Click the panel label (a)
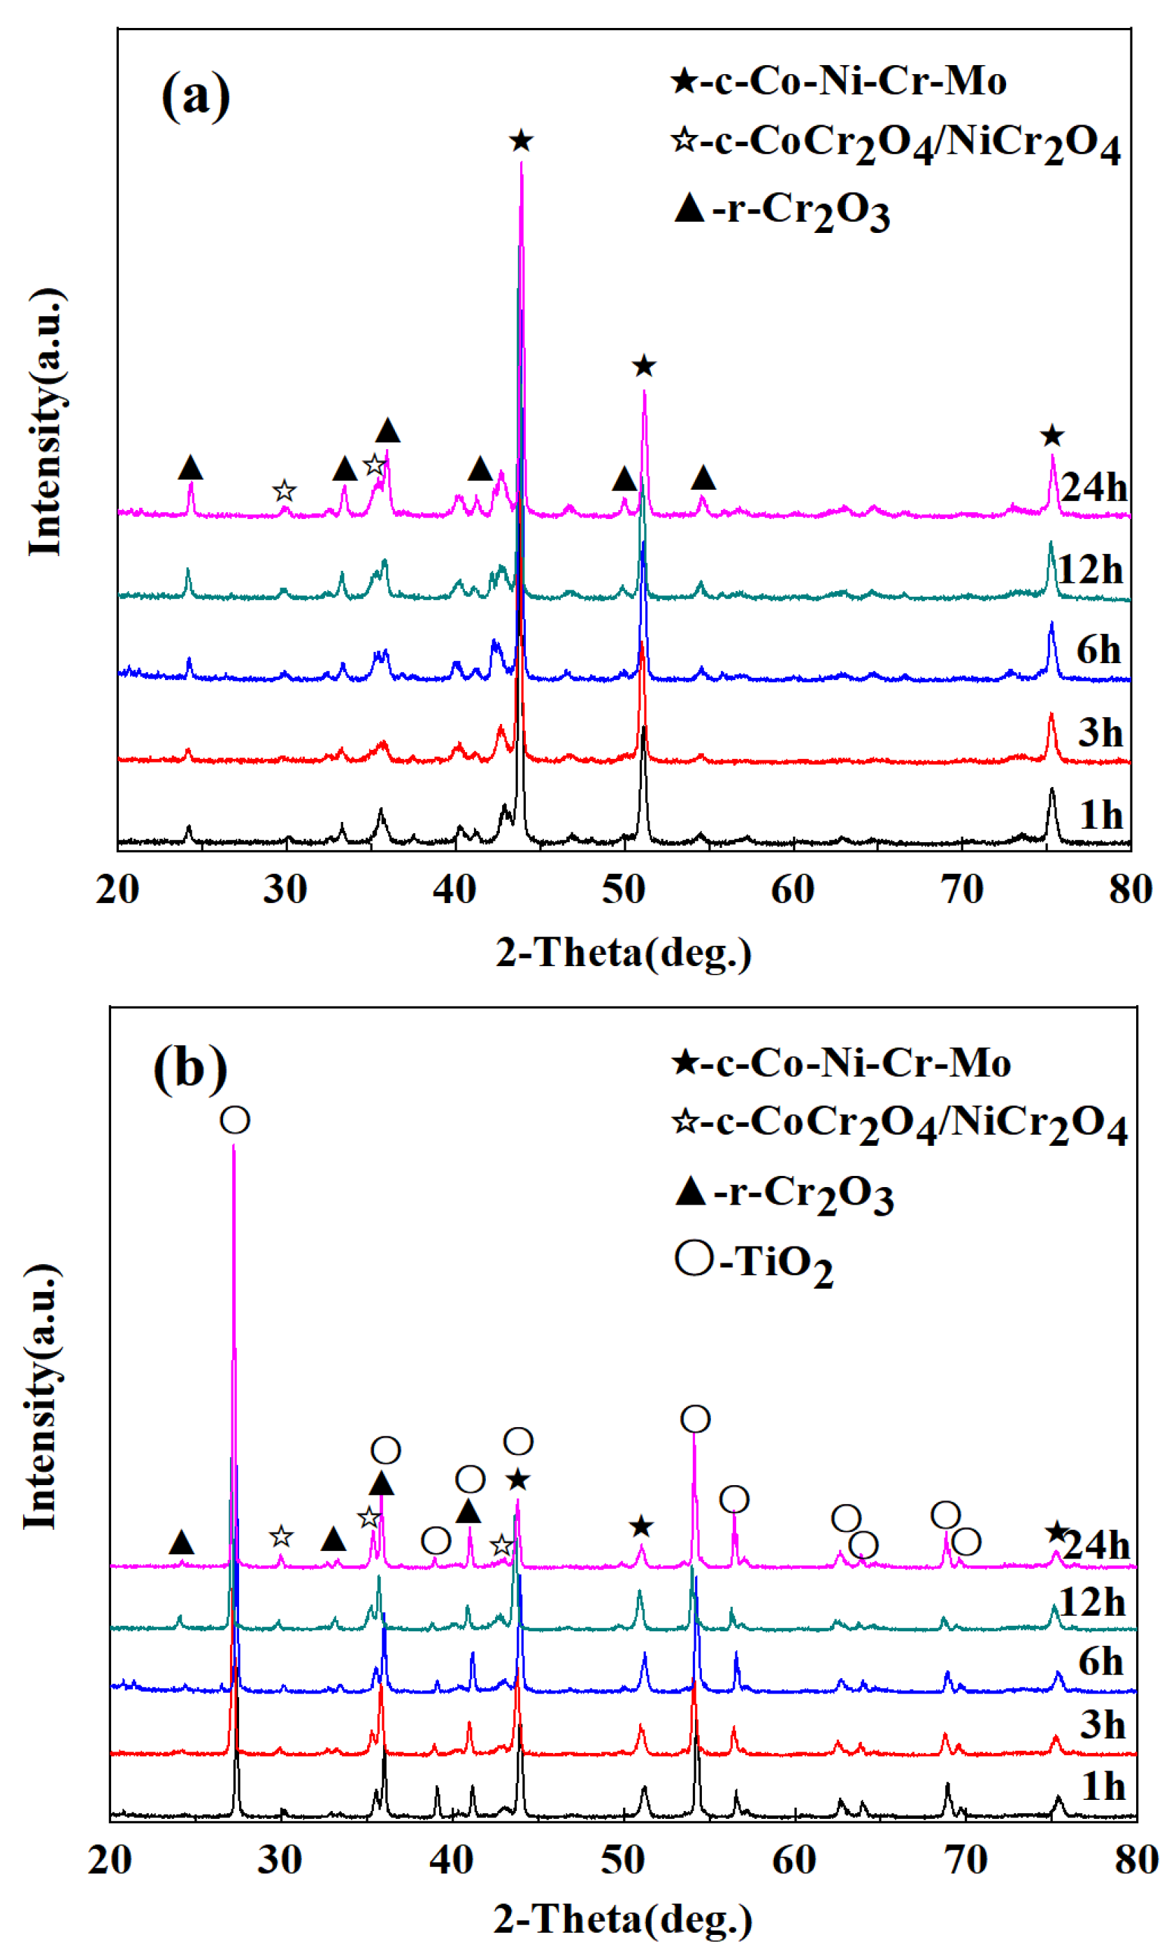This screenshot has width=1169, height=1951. pyautogui.click(x=195, y=96)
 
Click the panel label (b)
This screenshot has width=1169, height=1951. pyautogui.click(x=190, y=1070)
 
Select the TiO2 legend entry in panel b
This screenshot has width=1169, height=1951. pyautogui.click(x=754, y=1261)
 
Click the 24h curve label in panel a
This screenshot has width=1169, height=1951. pyautogui.click(x=1093, y=488)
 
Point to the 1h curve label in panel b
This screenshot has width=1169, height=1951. pyautogui.click(x=1103, y=1785)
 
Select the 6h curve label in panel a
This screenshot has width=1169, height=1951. pyautogui.click(x=1098, y=650)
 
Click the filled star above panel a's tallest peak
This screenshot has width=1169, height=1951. pyautogui.click(x=521, y=142)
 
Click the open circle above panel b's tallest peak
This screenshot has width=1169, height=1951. pyautogui.click(x=235, y=1120)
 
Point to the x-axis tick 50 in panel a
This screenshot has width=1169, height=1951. pyautogui.click(x=623, y=890)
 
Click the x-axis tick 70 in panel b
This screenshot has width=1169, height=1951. pyautogui.click(x=965, y=1860)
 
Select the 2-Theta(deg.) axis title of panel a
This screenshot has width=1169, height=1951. pyautogui.click(x=623, y=953)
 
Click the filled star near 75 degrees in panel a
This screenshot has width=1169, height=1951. pyautogui.click(x=1052, y=436)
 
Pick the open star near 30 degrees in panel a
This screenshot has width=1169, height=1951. pyautogui.click(x=285, y=492)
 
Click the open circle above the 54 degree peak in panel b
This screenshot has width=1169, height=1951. pyautogui.click(x=695, y=1419)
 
